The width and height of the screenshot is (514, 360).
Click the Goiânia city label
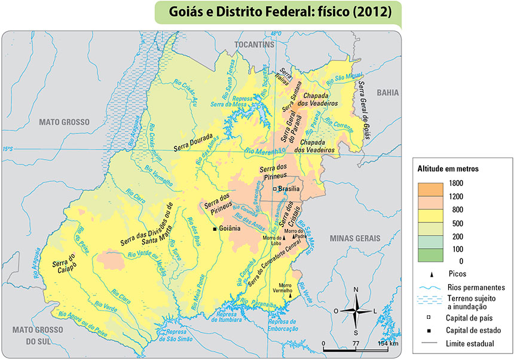pyautogui.click(x=231, y=228)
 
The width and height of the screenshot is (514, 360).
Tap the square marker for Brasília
pyautogui.click(x=275, y=189)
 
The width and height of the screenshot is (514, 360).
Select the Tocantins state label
pyautogui.click(x=254, y=45)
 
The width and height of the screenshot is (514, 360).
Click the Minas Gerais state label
pyautogui.click(x=353, y=238)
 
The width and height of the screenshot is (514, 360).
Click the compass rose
pyautogui.click(x=356, y=311)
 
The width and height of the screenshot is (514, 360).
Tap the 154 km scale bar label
pyautogui.click(x=388, y=343)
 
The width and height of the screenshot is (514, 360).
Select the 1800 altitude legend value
pyautogui.click(x=457, y=183)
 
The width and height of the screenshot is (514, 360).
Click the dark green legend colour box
pyautogui.click(x=430, y=255)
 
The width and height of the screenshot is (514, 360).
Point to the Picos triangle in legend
pyautogui.click(x=430, y=273)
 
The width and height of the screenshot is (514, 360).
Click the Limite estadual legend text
pyautogui.click(x=470, y=343)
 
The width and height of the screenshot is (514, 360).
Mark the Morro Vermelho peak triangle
pyautogui.click(x=290, y=295)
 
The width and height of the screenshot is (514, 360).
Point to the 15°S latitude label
pyautogui.click(x=7, y=149)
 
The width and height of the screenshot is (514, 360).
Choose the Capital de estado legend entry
pyautogui.click(x=473, y=330)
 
